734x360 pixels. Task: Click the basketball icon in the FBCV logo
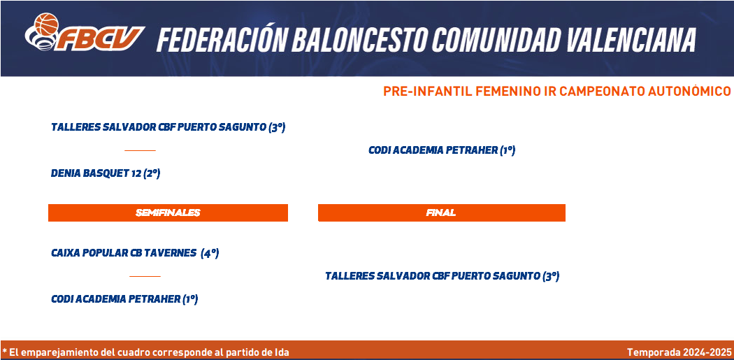(46, 24)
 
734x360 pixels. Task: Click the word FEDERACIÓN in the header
(221, 39)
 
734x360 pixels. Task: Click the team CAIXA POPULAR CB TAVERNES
(124, 253)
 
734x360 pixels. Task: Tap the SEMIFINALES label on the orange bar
(168, 213)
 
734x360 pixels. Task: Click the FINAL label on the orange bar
(441, 213)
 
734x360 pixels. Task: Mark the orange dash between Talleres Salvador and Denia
(140, 150)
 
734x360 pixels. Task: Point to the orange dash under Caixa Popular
(145, 276)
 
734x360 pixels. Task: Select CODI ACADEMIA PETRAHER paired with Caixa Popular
(115, 299)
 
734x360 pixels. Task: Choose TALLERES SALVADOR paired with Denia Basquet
(159, 127)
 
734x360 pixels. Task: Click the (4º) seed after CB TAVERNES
(210, 253)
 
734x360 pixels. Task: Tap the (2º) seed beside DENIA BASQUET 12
(152, 173)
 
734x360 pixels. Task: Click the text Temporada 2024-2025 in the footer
(679, 352)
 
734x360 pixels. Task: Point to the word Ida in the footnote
(282, 352)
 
